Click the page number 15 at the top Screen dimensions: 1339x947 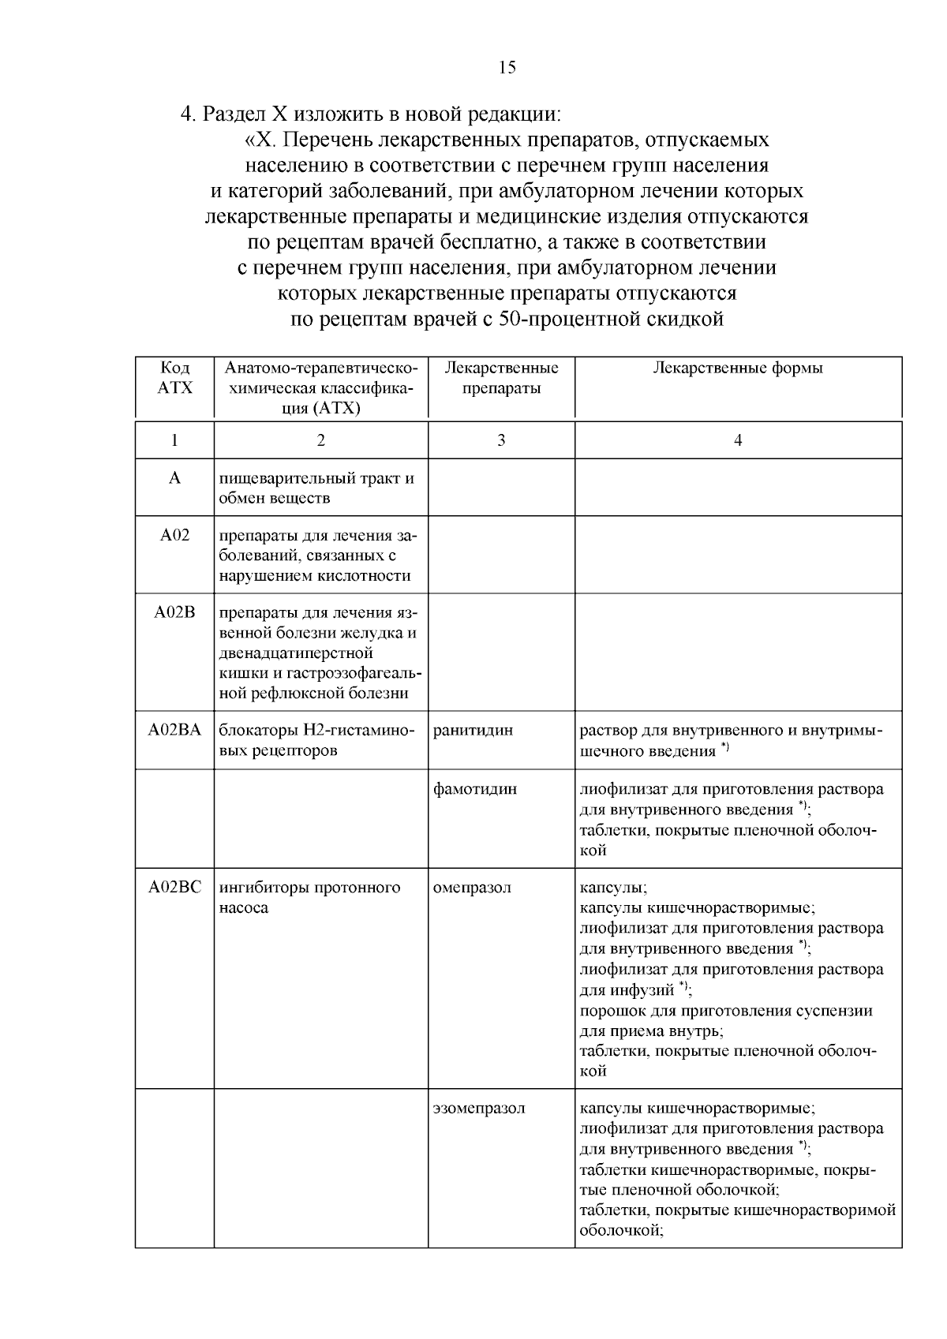(x=507, y=68)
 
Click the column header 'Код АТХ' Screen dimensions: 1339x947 (x=174, y=378)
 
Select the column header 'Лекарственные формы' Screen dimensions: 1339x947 (x=737, y=368)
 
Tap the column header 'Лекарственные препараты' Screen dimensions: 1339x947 (x=501, y=378)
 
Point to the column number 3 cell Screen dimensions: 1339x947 (x=501, y=441)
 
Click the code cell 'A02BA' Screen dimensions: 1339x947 (x=174, y=730)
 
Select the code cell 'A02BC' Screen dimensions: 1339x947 (x=174, y=888)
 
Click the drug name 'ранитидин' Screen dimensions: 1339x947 (x=473, y=730)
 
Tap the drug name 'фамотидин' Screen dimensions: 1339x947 (x=476, y=789)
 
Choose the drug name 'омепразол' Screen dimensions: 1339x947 (x=473, y=888)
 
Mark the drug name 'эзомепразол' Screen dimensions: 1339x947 (x=480, y=1109)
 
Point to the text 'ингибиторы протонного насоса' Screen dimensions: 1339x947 (x=309, y=897)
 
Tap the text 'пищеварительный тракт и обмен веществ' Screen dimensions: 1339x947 (x=317, y=488)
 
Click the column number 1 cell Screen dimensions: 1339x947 (x=174, y=441)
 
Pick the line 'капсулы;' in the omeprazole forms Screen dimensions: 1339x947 (x=613, y=888)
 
